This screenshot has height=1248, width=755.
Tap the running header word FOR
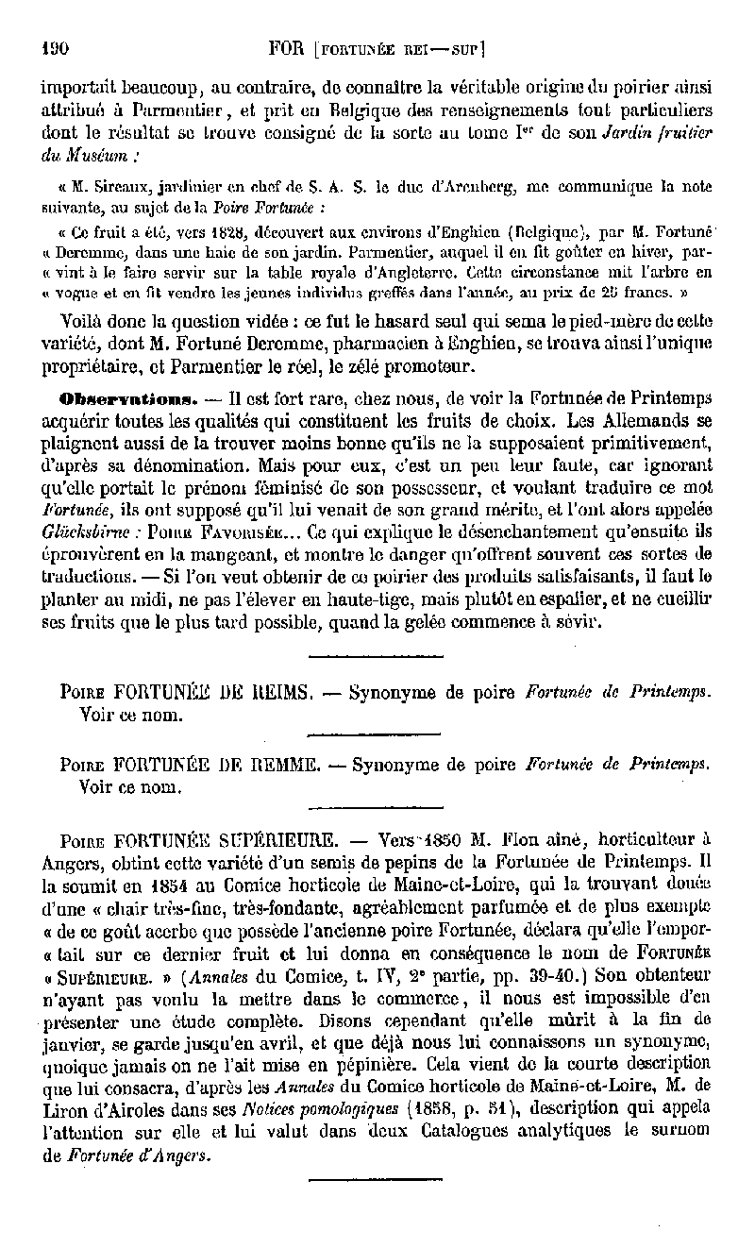286,44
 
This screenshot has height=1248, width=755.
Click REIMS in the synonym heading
276,693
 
